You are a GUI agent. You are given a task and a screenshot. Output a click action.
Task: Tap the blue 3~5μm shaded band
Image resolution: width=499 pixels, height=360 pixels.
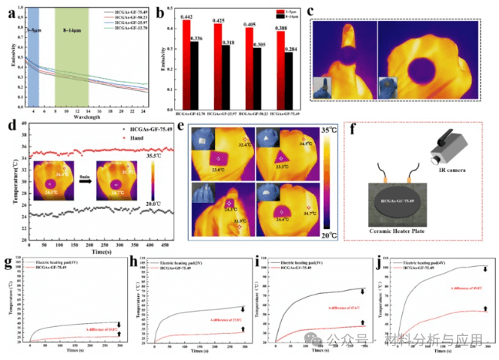click(32, 56)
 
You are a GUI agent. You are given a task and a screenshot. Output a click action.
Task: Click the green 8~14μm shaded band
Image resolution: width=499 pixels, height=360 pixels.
click(72, 56)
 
